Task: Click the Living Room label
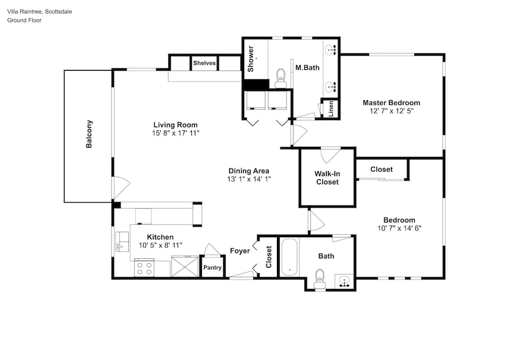pos(175,125)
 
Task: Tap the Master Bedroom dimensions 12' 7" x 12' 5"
pos(391,111)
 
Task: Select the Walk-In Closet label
pos(327,178)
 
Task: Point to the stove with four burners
pos(144,268)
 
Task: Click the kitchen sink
pos(122,241)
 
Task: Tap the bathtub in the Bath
pos(289,258)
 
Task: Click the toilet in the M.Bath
pos(280,78)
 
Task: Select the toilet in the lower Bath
pos(320,279)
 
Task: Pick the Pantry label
pos(212,267)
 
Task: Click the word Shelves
pos(204,63)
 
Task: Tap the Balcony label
pos(89,134)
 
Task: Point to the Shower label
pos(250,59)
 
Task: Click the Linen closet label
pos(331,109)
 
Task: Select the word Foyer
pos(240,251)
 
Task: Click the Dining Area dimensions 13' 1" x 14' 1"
pos(249,179)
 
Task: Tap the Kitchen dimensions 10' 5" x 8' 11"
pos(160,245)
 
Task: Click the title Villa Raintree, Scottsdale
pos(40,12)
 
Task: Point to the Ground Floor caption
pos(24,20)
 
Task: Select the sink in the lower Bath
pos(344,281)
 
